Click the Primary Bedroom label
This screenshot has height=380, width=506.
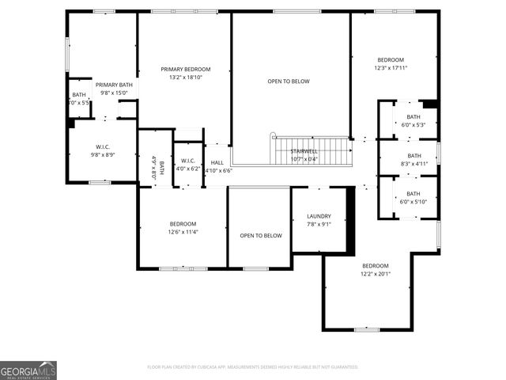(x=186, y=70)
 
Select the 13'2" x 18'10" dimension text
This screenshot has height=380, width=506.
(x=186, y=78)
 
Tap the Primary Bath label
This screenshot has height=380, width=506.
(x=114, y=85)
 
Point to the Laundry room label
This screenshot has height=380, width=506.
(x=319, y=216)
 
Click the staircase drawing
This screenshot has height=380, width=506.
(x=312, y=151)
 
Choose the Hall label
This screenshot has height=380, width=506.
(x=217, y=162)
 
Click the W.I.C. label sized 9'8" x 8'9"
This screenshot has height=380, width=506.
(x=103, y=146)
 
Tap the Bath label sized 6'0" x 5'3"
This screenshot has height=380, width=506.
(x=413, y=117)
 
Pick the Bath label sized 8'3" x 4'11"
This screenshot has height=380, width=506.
(x=413, y=156)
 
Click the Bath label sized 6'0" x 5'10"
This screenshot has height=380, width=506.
(x=413, y=194)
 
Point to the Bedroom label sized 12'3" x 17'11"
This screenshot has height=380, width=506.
(x=390, y=60)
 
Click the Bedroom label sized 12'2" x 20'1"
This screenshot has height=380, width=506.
(x=376, y=266)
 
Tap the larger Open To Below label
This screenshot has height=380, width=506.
(x=289, y=82)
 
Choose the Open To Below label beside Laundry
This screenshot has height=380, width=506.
(x=261, y=236)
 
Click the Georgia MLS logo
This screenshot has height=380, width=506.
(x=28, y=370)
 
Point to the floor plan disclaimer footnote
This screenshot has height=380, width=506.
(x=253, y=367)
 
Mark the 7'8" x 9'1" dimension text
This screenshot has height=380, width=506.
(x=319, y=224)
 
